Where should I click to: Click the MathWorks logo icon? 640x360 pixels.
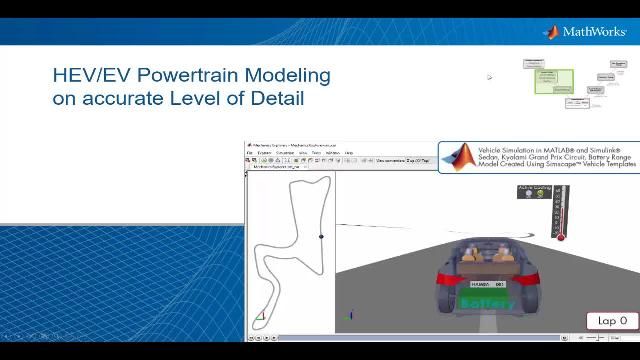tap(550, 32)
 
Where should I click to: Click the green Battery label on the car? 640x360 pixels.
tap(487, 303)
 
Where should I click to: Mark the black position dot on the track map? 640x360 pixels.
tap(321, 237)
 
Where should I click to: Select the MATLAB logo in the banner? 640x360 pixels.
tap(459, 157)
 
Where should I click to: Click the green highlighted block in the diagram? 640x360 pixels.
tap(553, 81)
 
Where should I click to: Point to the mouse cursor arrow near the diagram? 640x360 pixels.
tap(490, 76)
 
